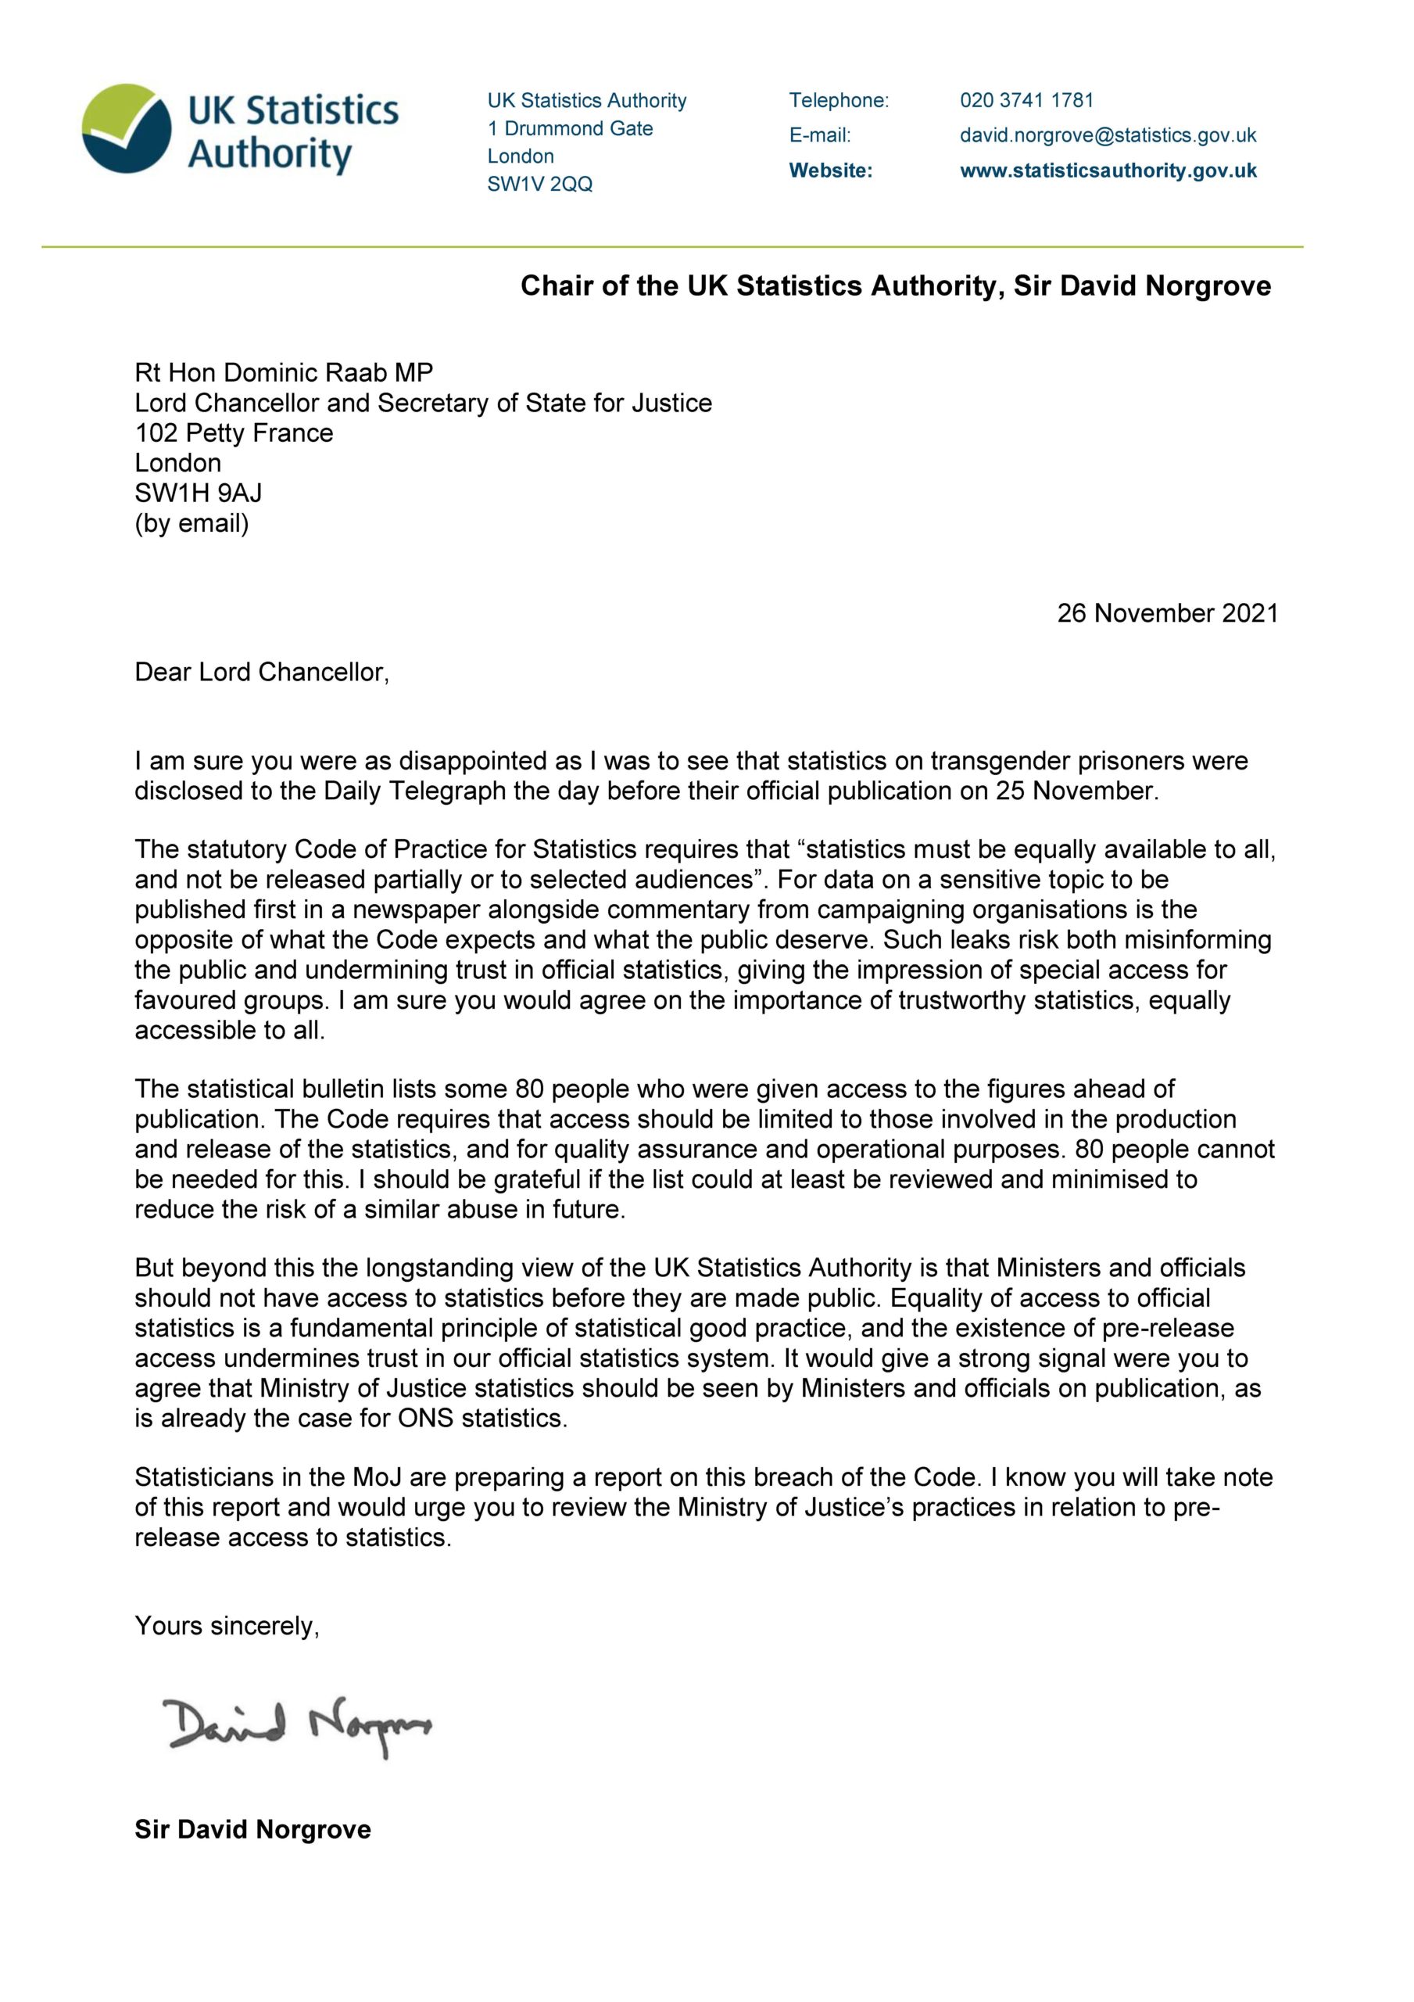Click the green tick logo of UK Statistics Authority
[127, 129]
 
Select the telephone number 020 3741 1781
[1026, 100]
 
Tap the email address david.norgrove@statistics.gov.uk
[1107, 135]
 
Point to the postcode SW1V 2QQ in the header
[539, 184]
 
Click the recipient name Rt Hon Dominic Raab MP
[283, 372]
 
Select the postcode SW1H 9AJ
[198, 493]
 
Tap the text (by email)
[191, 523]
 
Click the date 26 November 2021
[1166, 613]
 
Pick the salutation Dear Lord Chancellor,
[262, 672]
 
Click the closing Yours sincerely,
[227, 1625]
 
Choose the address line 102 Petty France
[234, 432]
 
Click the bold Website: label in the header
[830, 171]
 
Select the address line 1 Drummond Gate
[570, 128]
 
